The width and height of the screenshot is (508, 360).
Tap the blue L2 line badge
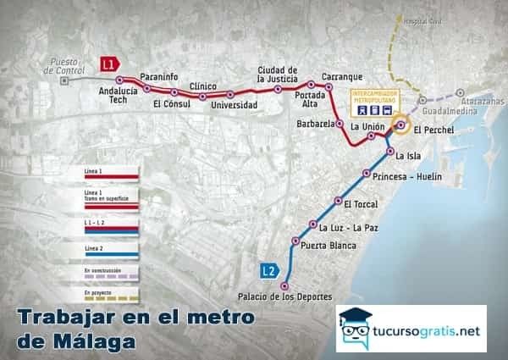[268, 271]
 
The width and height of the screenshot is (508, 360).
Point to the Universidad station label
[234, 105]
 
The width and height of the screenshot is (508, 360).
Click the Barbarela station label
[313, 123]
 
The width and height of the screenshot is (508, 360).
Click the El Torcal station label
[360, 203]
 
